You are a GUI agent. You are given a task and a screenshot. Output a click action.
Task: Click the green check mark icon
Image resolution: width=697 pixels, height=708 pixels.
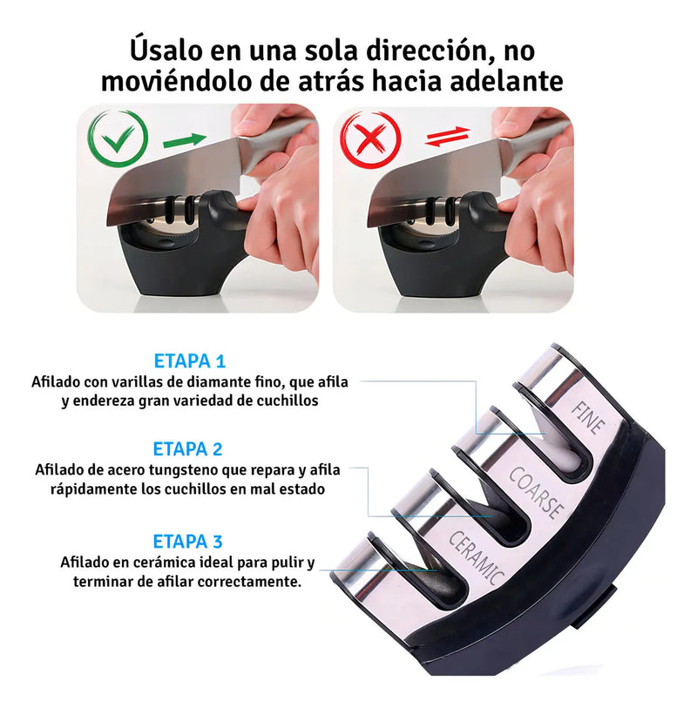(118, 139)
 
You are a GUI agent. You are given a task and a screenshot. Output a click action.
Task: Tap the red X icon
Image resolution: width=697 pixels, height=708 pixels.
(370, 140)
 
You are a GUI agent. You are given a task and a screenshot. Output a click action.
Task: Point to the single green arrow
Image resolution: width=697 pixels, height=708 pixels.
(185, 140)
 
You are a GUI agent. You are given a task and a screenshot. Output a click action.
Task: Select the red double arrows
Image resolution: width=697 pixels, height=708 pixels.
(448, 137)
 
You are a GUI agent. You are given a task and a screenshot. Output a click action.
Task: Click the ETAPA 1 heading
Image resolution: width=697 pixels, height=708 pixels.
(190, 361)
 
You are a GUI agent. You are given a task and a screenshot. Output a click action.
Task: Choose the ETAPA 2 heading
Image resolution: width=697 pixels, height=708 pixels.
(188, 449)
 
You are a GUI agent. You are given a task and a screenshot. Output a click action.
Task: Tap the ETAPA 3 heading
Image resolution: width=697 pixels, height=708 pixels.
(188, 542)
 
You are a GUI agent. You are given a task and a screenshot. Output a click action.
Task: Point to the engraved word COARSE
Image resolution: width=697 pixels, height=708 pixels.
(537, 493)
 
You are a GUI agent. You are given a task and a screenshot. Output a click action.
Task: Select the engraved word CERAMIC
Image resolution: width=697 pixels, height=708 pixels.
(477, 557)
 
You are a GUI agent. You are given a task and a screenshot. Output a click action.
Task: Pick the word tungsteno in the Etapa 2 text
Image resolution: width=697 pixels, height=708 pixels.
(184, 470)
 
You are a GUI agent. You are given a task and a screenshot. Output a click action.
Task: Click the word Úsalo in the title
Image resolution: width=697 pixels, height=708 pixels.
(166, 50)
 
